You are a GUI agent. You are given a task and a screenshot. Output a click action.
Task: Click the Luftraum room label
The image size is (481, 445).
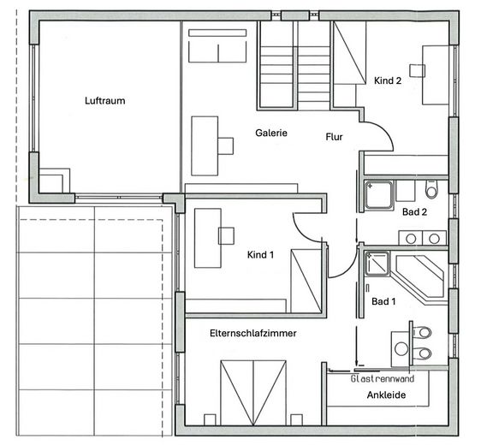[x=105, y=101]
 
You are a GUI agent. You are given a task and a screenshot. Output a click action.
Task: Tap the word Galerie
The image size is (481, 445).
[x=271, y=133]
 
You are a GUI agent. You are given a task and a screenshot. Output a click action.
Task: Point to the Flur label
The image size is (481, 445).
[x=334, y=137]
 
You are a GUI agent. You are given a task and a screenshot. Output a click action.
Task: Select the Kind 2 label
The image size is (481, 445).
[x=388, y=80]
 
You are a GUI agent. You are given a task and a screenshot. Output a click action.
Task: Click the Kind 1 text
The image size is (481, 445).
[x=260, y=254]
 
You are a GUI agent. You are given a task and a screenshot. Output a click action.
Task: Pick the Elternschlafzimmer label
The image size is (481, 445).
[x=253, y=333]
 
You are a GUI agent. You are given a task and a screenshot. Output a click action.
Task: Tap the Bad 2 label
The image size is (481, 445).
[x=414, y=212]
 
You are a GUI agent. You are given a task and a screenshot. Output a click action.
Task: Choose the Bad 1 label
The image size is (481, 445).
[x=383, y=301]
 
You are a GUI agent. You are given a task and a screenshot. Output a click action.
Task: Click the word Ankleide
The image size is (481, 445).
[x=386, y=395]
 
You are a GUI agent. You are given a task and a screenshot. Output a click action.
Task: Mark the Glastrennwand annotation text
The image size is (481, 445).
[x=383, y=379]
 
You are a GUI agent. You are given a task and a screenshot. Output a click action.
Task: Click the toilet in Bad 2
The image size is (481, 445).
[x=431, y=189]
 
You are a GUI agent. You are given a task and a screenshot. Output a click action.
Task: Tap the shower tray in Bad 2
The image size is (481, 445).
[x=379, y=195]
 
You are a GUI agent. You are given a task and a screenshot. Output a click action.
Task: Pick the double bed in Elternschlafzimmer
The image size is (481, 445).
[x=253, y=393]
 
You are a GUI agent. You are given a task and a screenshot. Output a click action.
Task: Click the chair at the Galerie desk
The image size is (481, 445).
[x=226, y=146]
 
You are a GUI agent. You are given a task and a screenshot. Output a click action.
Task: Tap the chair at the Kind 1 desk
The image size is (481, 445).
[x=227, y=236]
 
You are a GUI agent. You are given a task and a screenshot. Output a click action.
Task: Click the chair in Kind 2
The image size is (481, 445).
[x=417, y=70]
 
